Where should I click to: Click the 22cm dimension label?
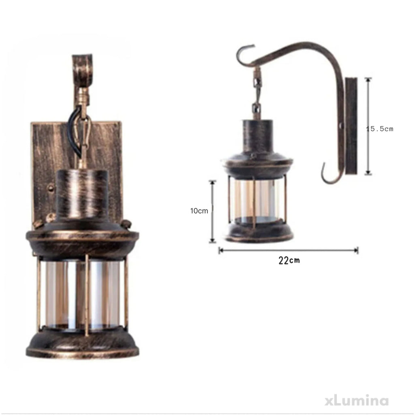click(289, 261)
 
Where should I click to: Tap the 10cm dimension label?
click(199, 211)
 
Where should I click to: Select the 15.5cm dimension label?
click(379, 129)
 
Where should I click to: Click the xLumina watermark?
click(357, 401)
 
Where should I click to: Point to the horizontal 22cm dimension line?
click(289, 250)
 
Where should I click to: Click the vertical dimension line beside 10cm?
click(212, 212)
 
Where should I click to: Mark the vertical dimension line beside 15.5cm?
click(368, 126)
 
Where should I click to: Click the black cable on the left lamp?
click(73, 127)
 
